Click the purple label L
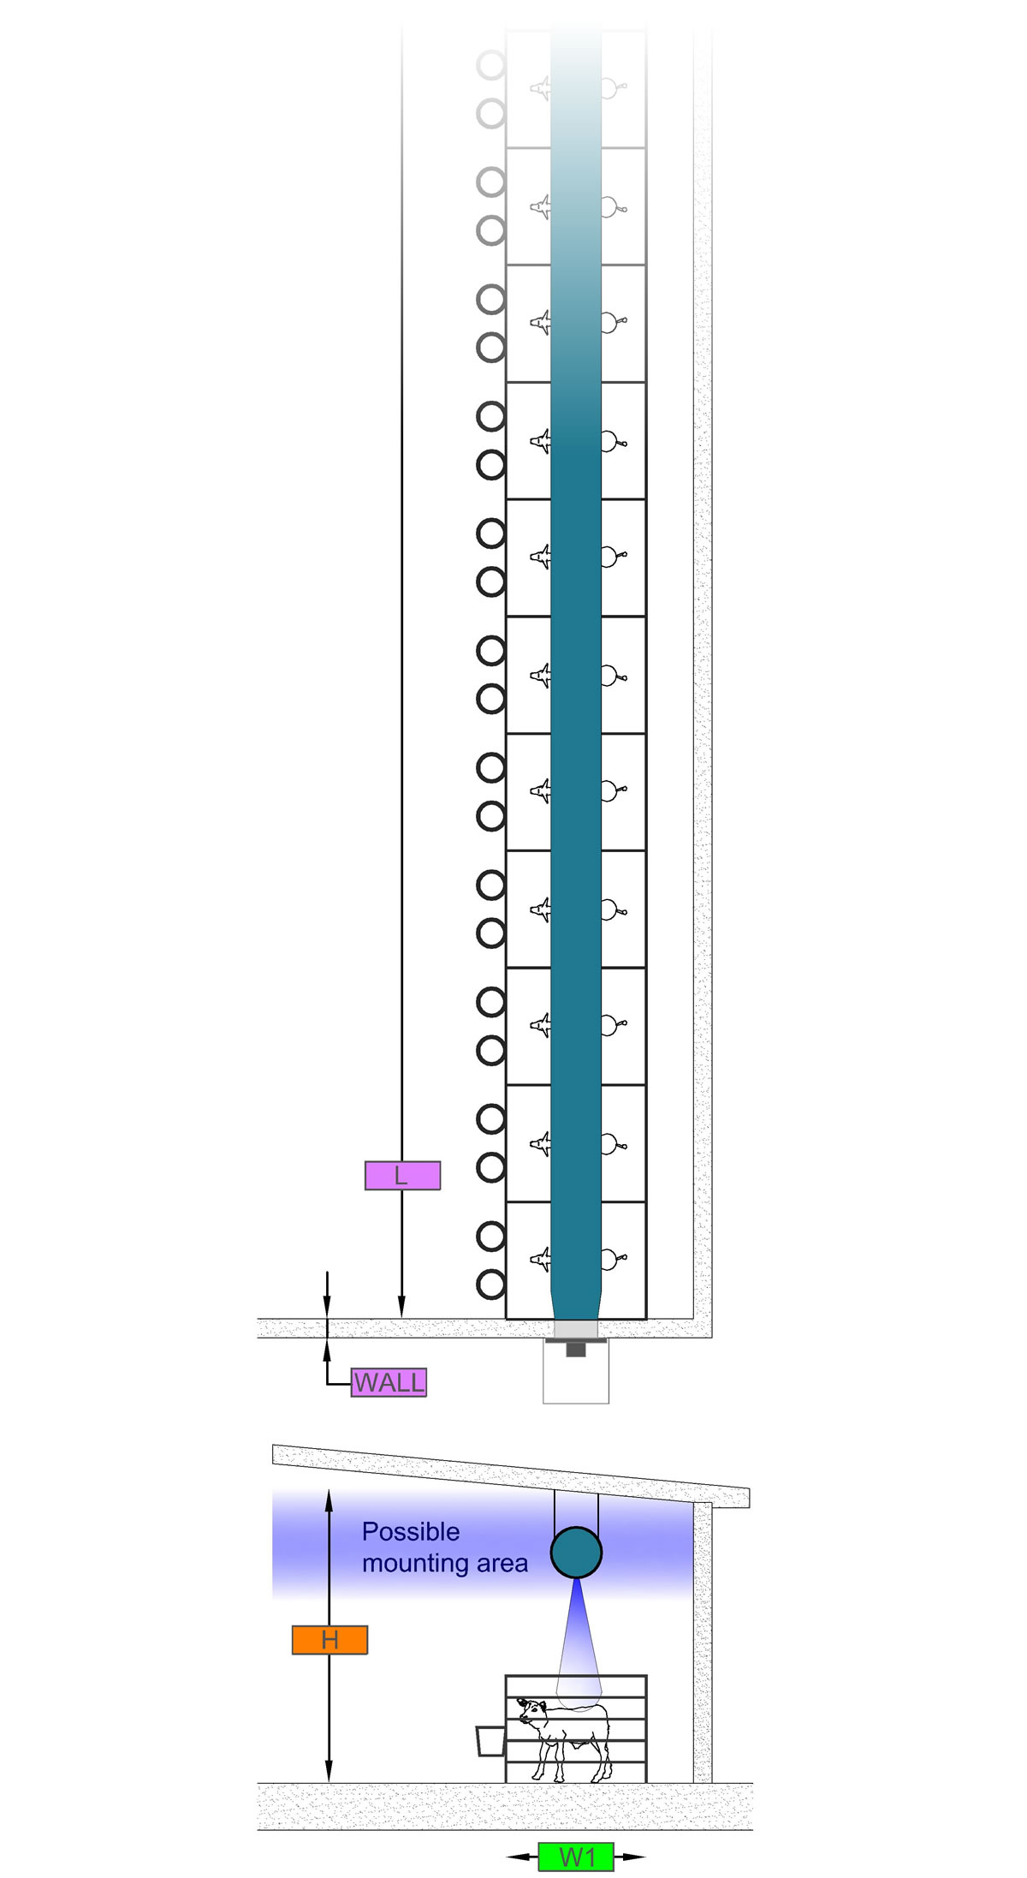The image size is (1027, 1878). pyautogui.click(x=402, y=1176)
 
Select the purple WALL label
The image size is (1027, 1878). pyautogui.click(x=389, y=1382)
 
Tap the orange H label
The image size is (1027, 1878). pyautogui.click(x=329, y=1640)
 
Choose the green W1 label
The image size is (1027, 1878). pyautogui.click(x=576, y=1857)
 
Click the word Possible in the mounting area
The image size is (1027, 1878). pyautogui.click(x=411, y=1531)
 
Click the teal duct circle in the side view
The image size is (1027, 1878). pyautogui.click(x=576, y=1553)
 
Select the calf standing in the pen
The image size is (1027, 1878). pyautogui.click(x=564, y=1739)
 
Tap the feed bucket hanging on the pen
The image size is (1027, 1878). pyautogui.click(x=490, y=1741)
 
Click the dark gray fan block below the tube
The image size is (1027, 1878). pyautogui.click(x=576, y=1349)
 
